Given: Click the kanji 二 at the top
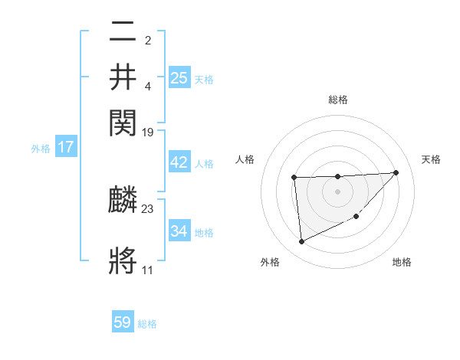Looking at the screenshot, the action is coord(123,33).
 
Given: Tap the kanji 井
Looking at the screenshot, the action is coord(123,77).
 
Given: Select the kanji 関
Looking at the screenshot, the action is coord(123,121).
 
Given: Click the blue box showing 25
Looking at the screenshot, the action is coord(179,77).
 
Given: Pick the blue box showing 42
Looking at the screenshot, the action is coord(179,162).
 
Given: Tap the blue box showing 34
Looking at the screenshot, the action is coord(179,231).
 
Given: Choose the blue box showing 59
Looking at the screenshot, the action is coord(123,322).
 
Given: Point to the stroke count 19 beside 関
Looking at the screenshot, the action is coord(148,132).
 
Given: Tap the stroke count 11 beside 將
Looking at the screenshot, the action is coord(148,270).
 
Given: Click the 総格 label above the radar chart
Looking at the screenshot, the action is coord(337,100).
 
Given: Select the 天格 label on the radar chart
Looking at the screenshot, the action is coord(432,159).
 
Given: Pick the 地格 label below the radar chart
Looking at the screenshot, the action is coord(402,263).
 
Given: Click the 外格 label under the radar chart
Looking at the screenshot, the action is coord(270,263).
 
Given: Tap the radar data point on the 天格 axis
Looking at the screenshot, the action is coord(396,172).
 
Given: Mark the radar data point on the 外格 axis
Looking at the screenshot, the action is coord(301,242).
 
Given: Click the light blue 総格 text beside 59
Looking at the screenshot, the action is coord(147,324).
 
